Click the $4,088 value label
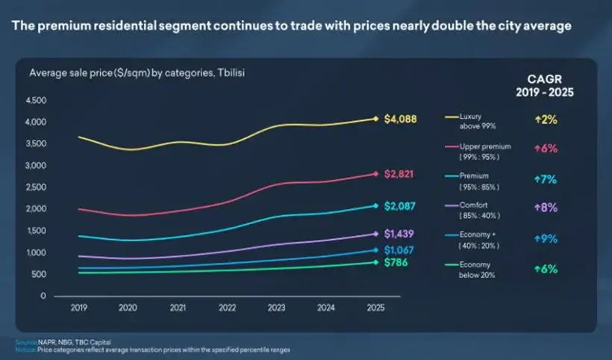[x=400, y=119]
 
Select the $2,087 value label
[x=400, y=206]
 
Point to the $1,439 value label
[x=400, y=235]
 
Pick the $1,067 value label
[x=400, y=250]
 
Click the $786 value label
[x=396, y=263]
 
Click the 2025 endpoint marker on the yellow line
[x=375, y=119]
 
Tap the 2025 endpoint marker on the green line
[x=375, y=262]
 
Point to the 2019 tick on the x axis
[x=78, y=306]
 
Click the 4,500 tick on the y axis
[x=36, y=100]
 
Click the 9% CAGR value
[x=546, y=239]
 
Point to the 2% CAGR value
[x=546, y=120]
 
